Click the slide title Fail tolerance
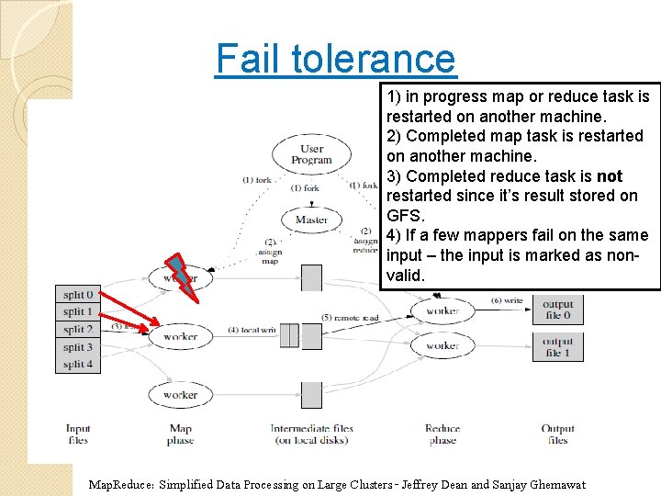point(335,59)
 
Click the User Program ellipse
point(311,154)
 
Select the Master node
point(311,220)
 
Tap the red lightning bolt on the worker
point(184,276)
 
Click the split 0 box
point(78,295)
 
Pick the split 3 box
point(78,347)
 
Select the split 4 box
point(78,365)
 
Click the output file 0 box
point(557,310)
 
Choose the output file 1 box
point(557,347)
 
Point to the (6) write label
point(508,300)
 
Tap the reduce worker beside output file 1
point(443,346)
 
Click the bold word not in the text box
point(610,175)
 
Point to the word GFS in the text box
point(406,216)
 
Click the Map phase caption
point(180,434)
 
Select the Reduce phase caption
point(443,434)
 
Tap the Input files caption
point(78,434)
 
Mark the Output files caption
point(557,434)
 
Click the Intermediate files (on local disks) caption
point(311,434)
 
